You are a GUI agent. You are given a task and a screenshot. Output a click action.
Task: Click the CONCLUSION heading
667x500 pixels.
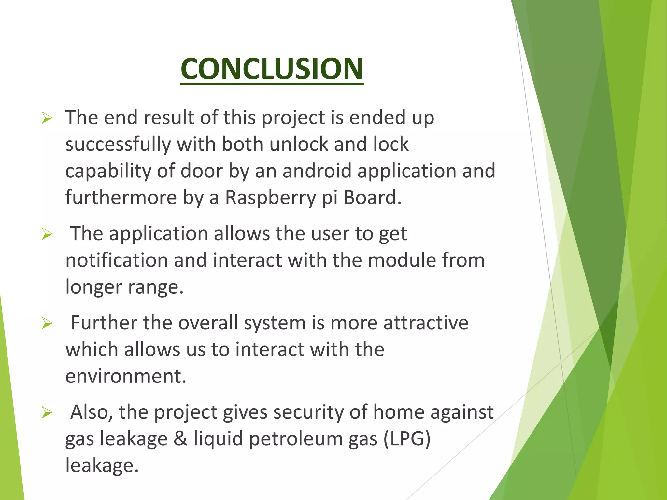point(272,69)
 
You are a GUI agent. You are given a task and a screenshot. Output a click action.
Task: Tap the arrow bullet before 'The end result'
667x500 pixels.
point(47,118)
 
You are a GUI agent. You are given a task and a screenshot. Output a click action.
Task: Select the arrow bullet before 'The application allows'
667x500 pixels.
point(47,234)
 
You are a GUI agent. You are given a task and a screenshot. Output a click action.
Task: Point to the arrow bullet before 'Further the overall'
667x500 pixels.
point(47,324)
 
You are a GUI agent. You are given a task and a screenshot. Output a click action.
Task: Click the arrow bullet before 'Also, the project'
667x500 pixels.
point(47,413)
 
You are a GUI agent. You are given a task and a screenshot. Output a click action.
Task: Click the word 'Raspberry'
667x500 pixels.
point(270,198)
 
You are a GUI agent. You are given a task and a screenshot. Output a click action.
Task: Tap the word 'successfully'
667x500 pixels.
point(118,144)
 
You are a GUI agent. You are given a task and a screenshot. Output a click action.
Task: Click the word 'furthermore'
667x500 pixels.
point(121,198)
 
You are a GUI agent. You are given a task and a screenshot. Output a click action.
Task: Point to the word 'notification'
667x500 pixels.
point(116,260)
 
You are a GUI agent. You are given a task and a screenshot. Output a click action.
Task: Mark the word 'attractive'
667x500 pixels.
point(426,323)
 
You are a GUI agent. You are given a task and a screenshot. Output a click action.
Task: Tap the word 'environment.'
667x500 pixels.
point(126,376)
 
